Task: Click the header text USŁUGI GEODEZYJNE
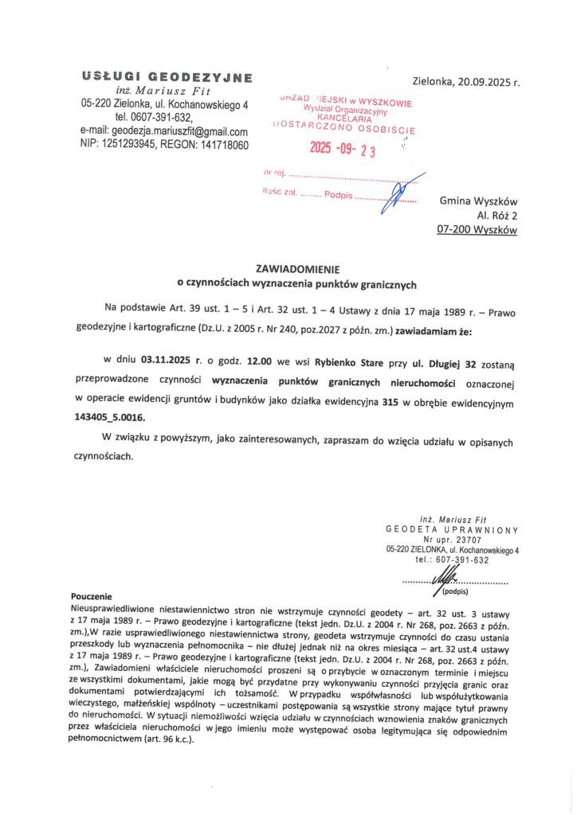[x=167, y=77]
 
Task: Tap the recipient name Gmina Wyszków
[x=478, y=201]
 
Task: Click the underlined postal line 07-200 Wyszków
[x=477, y=230]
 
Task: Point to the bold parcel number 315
[x=388, y=404]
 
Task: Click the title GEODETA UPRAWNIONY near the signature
[x=452, y=529]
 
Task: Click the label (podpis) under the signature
[x=455, y=591]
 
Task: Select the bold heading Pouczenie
[x=92, y=595]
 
